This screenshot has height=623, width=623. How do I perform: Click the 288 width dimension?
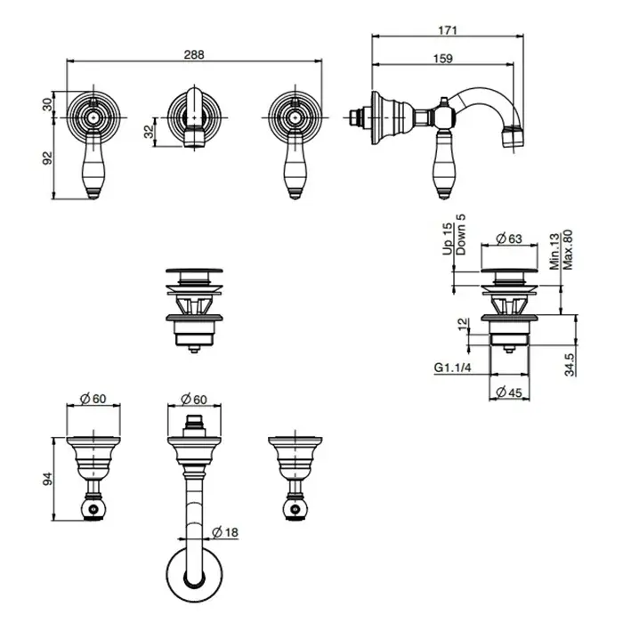pyautogui.click(x=194, y=54)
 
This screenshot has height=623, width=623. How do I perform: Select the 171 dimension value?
pyautogui.click(x=448, y=30)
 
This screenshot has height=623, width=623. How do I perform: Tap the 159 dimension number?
pyautogui.click(x=443, y=59)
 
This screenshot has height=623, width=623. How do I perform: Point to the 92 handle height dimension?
pyautogui.click(x=47, y=158)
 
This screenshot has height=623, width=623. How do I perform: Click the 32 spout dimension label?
pyautogui.click(x=149, y=132)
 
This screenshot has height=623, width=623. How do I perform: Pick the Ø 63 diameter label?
pyautogui.click(x=509, y=239)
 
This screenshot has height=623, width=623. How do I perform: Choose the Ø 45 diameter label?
pyautogui.click(x=509, y=392)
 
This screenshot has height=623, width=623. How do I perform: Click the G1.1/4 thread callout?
pyautogui.click(x=452, y=368)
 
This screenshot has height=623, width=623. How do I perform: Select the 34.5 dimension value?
pyautogui.click(x=570, y=364)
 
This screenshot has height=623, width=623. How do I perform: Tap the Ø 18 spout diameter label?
pyautogui.click(x=225, y=532)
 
